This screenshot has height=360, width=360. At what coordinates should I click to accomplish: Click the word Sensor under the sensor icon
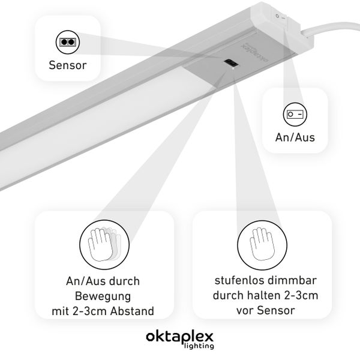[x=67, y=64]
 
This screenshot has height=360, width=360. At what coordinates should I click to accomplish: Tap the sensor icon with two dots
[x=67, y=42]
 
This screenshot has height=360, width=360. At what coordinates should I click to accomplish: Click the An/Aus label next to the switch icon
[x=295, y=137]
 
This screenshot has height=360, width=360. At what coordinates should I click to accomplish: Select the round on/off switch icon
[x=294, y=113]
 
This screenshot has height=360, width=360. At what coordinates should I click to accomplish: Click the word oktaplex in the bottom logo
[x=179, y=337]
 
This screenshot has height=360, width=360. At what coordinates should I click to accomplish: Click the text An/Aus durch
[x=103, y=280]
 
